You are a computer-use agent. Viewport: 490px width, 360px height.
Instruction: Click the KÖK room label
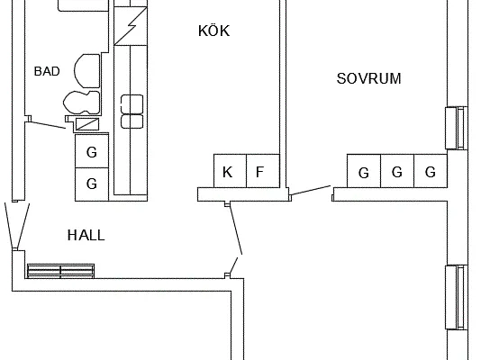click(214, 31)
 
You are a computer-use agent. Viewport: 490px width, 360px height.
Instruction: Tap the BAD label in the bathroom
click(47, 71)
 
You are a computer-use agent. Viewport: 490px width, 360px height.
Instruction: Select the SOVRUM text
click(368, 78)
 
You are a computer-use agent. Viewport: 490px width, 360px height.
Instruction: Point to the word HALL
click(86, 235)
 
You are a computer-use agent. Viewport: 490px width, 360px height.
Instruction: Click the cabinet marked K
click(230, 171)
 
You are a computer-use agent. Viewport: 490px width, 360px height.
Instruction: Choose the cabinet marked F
click(263, 171)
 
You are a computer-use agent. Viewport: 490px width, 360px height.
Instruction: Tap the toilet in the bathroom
click(82, 103)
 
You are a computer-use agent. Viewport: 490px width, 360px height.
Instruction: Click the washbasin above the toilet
click(87, 71)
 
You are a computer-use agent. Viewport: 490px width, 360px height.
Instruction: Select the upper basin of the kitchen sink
click(132, 103)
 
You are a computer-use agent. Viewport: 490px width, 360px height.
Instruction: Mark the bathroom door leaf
click(47, 125)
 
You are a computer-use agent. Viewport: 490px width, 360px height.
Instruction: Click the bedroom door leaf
click(311, 190)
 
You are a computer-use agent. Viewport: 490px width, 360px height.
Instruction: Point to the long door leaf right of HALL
click(236, 229)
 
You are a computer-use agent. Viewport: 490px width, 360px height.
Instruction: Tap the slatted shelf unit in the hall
click(61, 271)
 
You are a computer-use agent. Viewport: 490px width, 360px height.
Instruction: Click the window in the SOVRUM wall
click(457, 128)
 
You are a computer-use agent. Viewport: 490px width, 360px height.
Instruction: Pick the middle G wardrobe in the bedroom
click(397, 171)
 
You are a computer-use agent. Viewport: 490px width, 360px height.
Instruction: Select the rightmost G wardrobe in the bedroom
click(431, 171)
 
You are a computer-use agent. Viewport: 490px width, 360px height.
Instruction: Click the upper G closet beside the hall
click(92, 151)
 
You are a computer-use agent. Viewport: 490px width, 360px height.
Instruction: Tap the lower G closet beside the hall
click(92, 184)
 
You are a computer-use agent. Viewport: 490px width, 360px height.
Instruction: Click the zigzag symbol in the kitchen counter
click(131, 25)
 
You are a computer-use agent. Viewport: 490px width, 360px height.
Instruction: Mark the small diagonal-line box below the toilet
click(87, 124)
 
